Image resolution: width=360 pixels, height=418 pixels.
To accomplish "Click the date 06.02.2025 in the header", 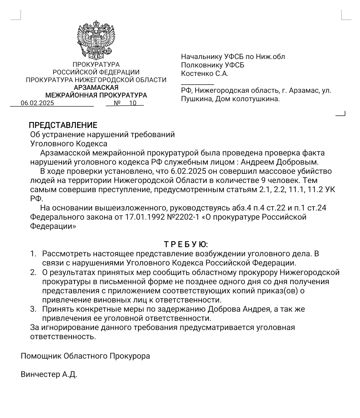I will [x=37, y=103].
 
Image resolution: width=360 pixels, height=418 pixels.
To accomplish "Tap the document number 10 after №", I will [x=132, y=103].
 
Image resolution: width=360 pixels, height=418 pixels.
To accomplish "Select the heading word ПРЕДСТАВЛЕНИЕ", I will [x=63, y=125].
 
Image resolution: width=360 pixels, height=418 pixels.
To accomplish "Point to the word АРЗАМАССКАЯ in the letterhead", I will [x=96, y=88].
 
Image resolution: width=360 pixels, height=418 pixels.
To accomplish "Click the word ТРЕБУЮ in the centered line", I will [x=186, y=244].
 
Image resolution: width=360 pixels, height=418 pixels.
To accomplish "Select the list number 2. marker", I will [x=33, y=272].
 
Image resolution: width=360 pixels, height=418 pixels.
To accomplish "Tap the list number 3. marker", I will [x=33, y=309].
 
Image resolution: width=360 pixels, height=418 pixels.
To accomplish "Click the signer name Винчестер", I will [x=40, y=375].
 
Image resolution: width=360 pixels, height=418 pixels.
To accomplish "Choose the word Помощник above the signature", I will [x=41, y=356].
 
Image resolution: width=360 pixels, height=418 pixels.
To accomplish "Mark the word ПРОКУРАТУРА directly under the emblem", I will [x=96, y=65].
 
